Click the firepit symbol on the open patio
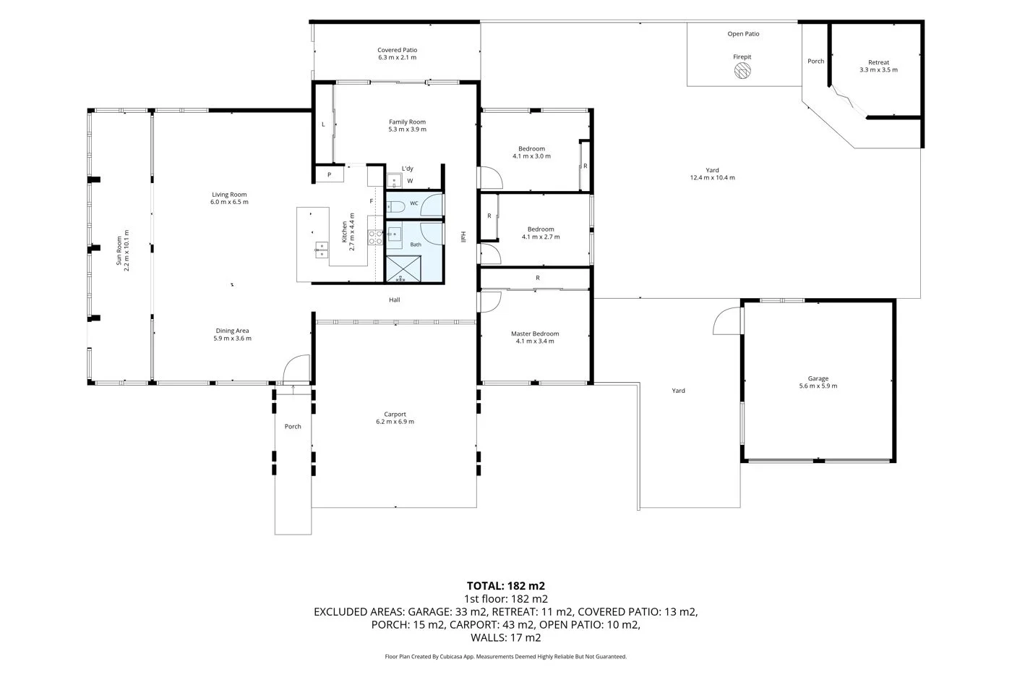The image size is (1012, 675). point(742,70)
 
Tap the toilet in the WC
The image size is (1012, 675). point(396,207)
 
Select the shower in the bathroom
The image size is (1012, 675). point(403,269)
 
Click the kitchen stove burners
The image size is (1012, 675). point(375,237)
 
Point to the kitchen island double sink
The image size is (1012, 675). point(321,250)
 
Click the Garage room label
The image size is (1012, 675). point(818,378)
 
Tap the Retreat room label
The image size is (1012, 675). point(879,62)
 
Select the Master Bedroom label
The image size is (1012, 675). point(535,334)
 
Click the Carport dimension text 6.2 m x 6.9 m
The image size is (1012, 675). point(395,421)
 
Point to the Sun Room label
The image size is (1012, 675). point(119,250)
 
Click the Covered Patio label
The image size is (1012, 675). point(398,50)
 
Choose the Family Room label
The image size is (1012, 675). point(408,122)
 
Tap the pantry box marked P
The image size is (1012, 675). point(330,174)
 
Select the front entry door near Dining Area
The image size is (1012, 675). point(296,368)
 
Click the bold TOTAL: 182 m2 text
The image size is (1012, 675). point(506,586)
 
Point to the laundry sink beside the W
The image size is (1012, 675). point(394,181)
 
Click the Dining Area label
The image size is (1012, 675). point(232,331)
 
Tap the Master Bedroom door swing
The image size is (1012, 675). point(490,302)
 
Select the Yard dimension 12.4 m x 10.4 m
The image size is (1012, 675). point(713,178)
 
